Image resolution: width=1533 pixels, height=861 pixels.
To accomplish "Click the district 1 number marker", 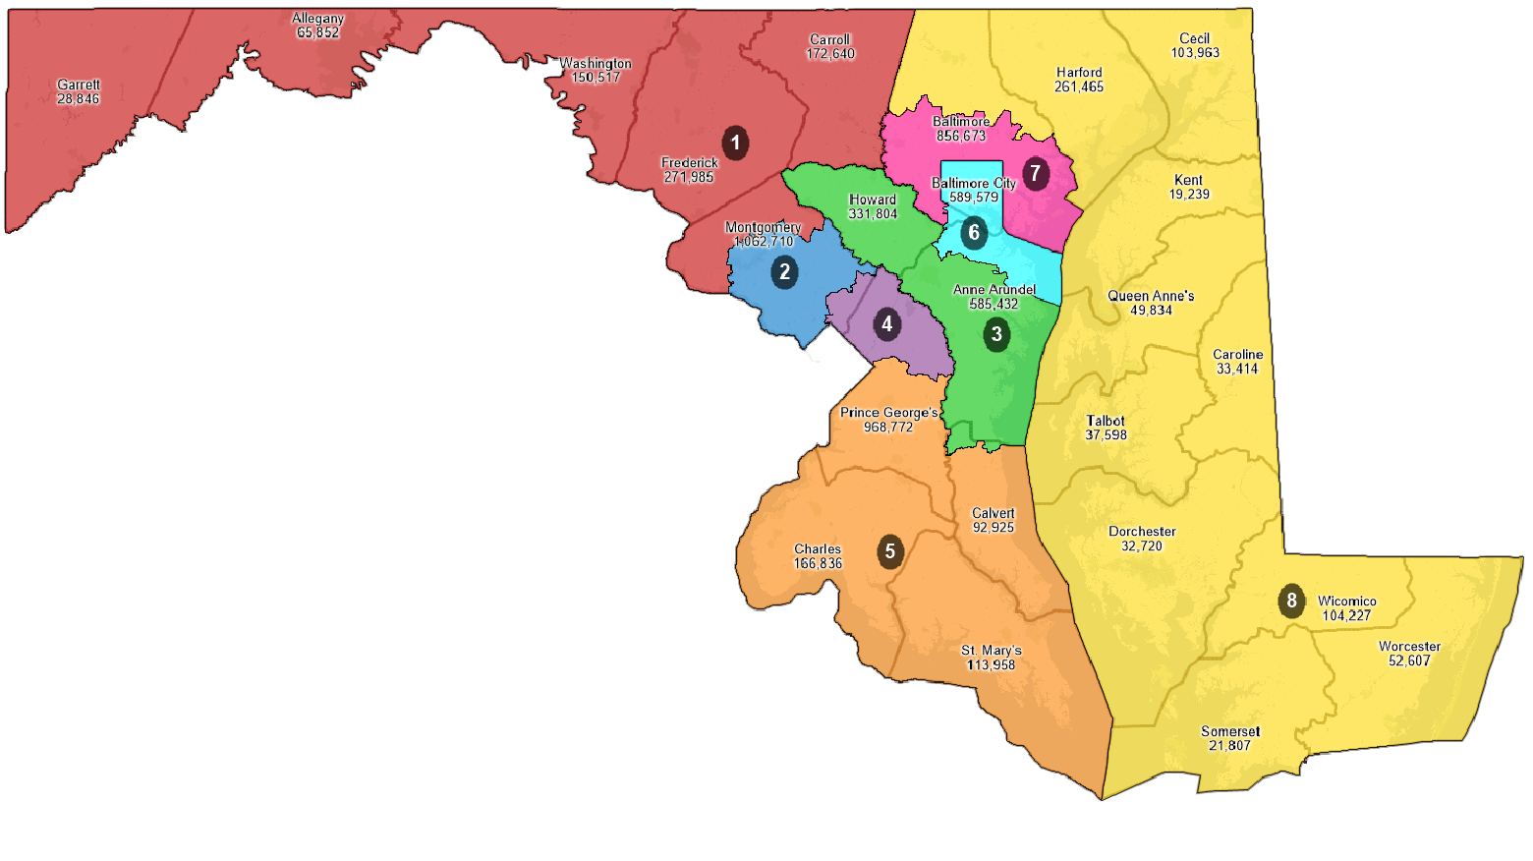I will [735, 143].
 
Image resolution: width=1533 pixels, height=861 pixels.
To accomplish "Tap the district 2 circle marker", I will [784, 272].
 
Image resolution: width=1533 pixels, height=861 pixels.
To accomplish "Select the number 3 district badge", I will [996, 334].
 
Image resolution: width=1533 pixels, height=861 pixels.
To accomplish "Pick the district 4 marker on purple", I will [887, 323].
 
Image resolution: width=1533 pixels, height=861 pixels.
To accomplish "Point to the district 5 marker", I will [890, 551].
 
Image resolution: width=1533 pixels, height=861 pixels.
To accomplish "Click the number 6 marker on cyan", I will [974, 233].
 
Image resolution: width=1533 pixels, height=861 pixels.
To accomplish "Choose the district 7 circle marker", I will [1035, 174].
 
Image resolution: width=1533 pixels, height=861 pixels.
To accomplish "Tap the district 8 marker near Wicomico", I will [1291, 601].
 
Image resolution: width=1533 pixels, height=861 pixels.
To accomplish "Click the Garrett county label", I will [79, 86].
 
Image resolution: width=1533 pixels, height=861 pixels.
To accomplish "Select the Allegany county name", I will [317, 19].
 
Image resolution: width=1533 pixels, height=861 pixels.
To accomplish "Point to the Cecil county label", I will [1195, 39].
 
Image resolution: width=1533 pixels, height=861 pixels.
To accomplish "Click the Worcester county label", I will [1409, 647].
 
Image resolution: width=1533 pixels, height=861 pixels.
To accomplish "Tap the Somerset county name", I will [1230, 731].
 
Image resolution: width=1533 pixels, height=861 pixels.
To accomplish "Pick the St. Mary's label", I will [992, 651].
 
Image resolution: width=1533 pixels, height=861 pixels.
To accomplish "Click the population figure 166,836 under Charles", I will [818, 564].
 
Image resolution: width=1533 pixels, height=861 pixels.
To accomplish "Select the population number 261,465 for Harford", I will [1079, 87].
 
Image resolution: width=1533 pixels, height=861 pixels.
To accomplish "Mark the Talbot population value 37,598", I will [1106, 435].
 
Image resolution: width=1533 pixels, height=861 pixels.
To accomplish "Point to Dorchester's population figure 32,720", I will [1142, 546].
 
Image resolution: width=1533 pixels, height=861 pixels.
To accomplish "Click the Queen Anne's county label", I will [1151, 296].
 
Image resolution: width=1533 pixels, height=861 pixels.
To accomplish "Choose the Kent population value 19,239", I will [1189, 195].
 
